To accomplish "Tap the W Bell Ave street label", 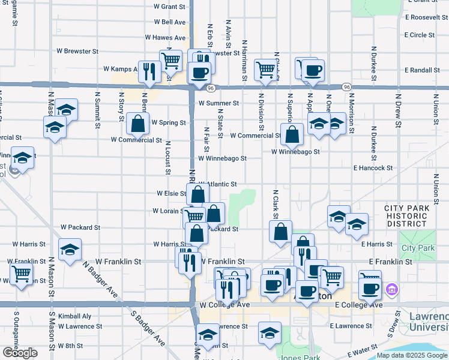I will tap(169, 22).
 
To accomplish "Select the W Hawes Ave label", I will tap(165, 37).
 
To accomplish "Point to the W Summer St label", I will tap(218, 103).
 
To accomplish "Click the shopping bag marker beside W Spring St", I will tap(138, 124).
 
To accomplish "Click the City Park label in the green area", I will tap(417, 248).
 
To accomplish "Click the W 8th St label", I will tap(70, 346).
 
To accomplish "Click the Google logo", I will tap(20, 353).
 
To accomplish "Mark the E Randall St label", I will tap(422, 70).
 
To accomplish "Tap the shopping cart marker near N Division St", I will tap(265, 69).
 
